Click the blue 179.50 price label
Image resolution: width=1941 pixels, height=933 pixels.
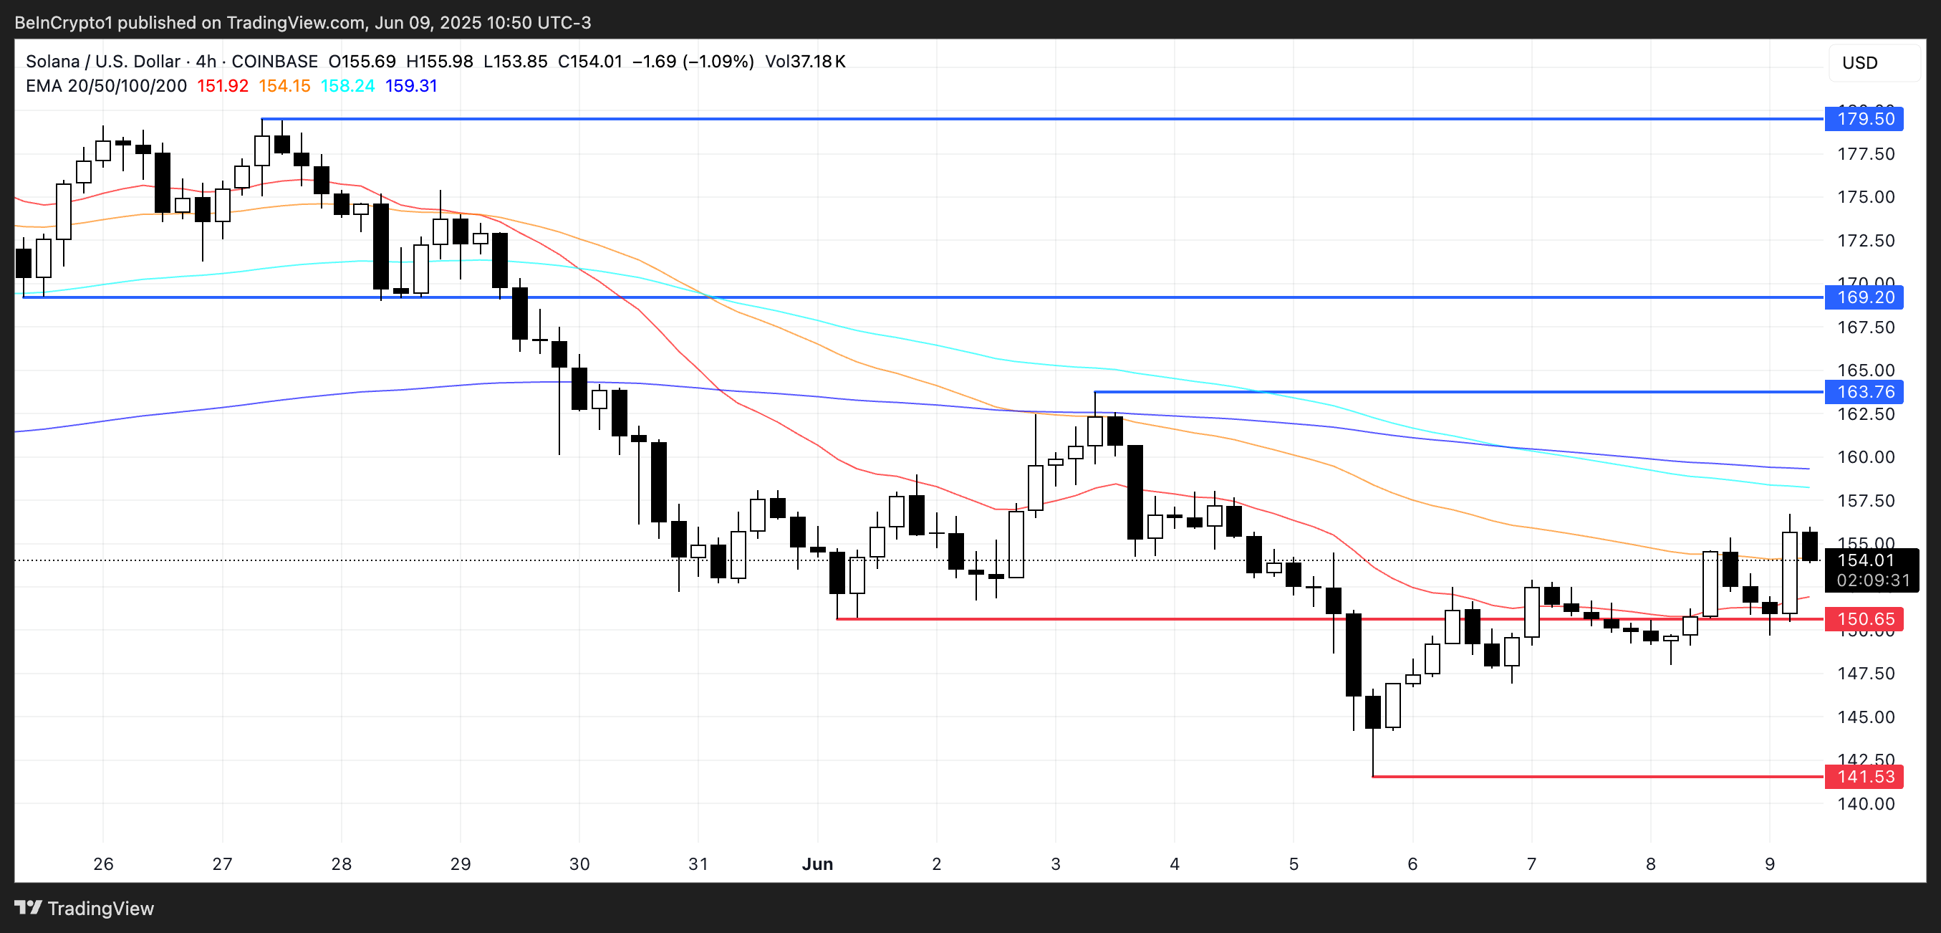(x=1864, y=119)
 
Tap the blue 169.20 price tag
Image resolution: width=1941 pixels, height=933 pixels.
(x=1864, y=297)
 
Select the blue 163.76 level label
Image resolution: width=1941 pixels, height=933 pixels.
(x=1864, y=392)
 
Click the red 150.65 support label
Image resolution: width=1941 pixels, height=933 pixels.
(x=1864, y=619)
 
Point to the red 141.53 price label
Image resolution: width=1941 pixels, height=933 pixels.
(x=1864, y=777)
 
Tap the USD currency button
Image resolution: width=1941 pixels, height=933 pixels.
(x=1859, y=63)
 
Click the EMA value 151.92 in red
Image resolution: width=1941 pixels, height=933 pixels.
(x=222, y=86)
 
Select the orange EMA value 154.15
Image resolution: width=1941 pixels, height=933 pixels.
(x=284, y=86)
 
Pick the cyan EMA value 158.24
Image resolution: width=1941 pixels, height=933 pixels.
(x=347, y=86)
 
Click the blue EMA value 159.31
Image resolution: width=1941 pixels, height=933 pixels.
(x=410, y=86)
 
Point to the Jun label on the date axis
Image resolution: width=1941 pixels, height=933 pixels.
(x=817, y=864)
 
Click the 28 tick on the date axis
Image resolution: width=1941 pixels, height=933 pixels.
(x=342, y=864)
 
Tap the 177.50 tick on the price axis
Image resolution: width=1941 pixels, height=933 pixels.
(x=1866, y=155)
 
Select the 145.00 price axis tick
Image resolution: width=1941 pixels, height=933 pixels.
(x=1866, y=717)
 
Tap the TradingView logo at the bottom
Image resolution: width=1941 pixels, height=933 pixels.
(x=85, y=908)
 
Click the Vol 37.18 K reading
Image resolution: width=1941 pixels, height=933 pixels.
(x=805, y=62)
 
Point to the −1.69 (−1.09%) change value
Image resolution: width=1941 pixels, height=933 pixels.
(x=693, y=62)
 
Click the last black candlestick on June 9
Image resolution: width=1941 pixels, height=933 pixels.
(x=1809, y=545)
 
